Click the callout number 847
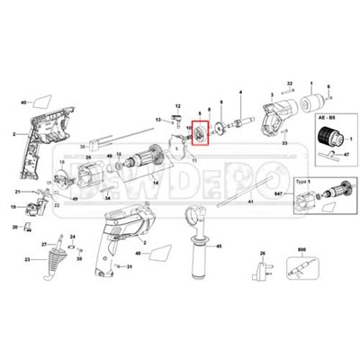280,194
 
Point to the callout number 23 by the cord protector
28,260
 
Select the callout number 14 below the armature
156,184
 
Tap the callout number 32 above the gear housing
290,83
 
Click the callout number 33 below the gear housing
283,143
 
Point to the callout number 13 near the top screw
158,119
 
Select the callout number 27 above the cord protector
42,244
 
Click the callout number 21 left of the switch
17,193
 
